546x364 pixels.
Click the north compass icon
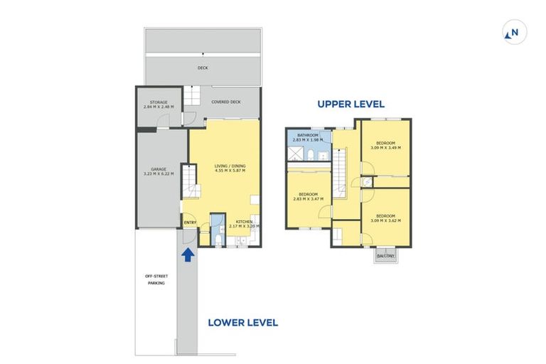[511, 32]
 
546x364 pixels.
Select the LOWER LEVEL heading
[242, 322]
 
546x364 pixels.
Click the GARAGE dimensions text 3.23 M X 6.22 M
[159, 174]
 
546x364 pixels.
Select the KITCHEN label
[245, 221]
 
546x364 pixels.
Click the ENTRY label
[190, 223]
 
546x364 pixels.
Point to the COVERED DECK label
[226, 102]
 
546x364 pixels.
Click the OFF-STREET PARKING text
[156, 278]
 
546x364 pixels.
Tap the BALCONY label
[385, 255]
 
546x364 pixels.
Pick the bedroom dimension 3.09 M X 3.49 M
[385, 148]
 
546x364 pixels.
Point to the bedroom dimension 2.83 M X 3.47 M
[308, 199]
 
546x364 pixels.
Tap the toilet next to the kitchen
[217, 240]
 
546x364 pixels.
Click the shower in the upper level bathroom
[294, 152]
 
